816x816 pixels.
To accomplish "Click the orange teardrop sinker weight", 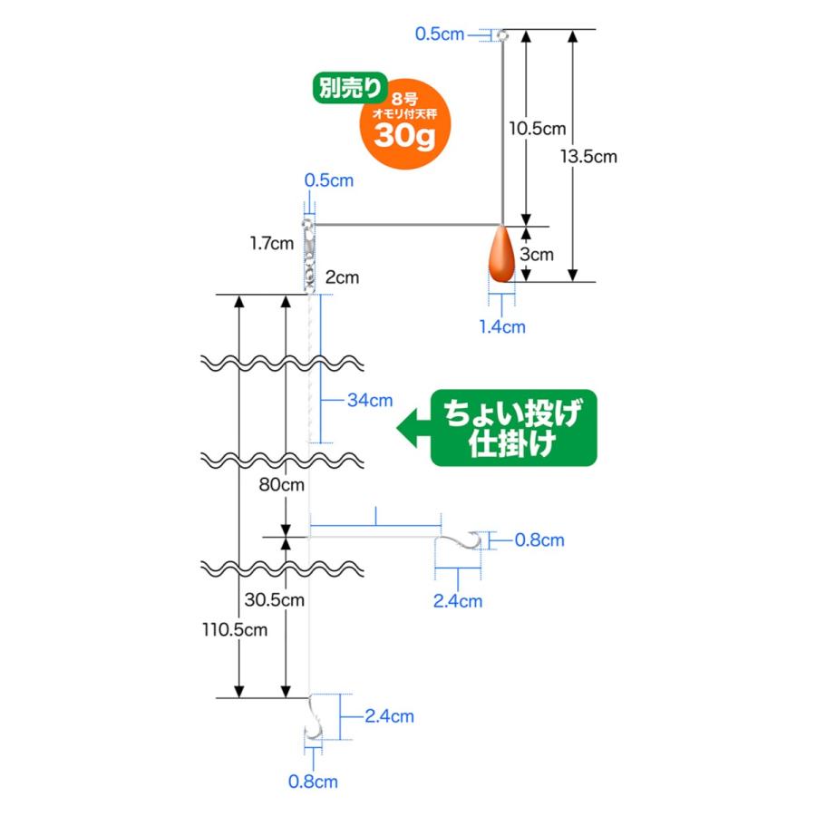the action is click(x=501, y=254).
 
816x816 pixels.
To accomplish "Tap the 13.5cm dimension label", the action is click(x=588, y=157).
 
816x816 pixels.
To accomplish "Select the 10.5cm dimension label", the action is click(x=537, y=129).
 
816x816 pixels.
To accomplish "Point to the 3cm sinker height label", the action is click(x=537, y=255).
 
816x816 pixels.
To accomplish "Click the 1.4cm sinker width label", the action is click(x=502, y=326).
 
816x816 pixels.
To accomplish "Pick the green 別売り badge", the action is click(x=350, y=87).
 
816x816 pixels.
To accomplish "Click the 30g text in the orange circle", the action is click(x=404, y=136).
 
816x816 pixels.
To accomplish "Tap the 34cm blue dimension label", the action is click(x=370, y=400).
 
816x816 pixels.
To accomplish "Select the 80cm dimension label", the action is click(x=282, y=484).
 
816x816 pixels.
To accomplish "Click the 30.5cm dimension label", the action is click(x=274, y=599).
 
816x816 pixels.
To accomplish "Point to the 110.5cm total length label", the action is click(x=235, y=630).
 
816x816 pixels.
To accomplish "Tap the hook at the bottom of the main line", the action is click(x=314, y=717).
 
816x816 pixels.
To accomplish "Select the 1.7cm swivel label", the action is click(x=272, y=243).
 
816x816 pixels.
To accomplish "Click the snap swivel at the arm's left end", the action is click(x=309, y=254).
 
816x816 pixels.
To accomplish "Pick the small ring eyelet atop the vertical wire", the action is click(x=502, y=35).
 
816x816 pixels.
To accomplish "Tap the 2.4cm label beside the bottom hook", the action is click(x=389, y=716).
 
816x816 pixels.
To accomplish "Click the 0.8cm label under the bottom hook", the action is click(x=313, y=782).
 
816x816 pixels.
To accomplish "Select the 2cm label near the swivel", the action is click(x=342, y=277).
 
